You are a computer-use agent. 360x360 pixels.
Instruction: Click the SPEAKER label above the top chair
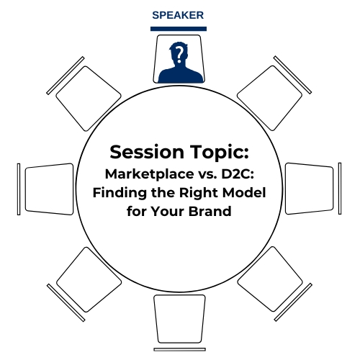click(x=178, y=15)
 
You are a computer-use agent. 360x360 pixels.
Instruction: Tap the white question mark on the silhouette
click(x=179, y=54)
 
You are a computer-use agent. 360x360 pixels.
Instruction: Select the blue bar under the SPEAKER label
click(x=179, y=29)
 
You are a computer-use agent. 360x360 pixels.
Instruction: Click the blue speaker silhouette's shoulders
click(x=181, y=75)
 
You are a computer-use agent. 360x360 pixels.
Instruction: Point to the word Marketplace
click(x=149, y=174)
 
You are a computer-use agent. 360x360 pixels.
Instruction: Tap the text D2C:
click(x=238, y=174)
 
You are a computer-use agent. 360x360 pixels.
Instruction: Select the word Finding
click(x=120, y=193)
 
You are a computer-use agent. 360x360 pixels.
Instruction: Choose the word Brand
click(x=210, y=212)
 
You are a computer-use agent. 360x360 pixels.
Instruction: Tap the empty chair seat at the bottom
click(x=179, y=319)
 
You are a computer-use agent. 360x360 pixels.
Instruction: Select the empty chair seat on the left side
click(x=49, y=189)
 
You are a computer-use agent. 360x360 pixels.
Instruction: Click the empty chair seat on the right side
click(x=310, y=189)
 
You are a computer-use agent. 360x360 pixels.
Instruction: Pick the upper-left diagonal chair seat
click(x=89, y=99)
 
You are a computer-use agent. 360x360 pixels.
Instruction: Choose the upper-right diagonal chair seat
click(x=269, y=98)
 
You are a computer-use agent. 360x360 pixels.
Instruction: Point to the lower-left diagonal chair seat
click(x=89, y=279)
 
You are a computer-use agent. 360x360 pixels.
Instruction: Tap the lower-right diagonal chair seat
click(x=270, y=279)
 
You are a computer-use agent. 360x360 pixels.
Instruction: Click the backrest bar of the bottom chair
click(x=180, y=349)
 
